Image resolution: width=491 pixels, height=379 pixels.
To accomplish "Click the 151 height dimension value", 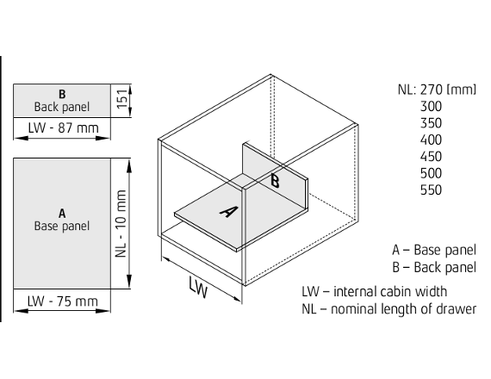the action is coord(122,98).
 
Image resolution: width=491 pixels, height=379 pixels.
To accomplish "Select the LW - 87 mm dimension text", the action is coord(63,127).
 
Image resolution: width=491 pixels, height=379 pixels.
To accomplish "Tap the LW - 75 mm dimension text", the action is coord(63,301).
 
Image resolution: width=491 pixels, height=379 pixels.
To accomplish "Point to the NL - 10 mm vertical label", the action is coord(121,223).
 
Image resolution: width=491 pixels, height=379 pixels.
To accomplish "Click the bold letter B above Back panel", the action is coord(62,94).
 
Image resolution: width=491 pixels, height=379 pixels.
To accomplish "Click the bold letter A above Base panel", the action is coord(62,214).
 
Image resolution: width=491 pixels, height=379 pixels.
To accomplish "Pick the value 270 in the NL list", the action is coord(431,90).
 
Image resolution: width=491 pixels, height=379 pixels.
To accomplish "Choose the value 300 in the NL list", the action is coord(431,107).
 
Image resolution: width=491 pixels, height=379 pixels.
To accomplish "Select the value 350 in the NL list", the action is coord(431,123).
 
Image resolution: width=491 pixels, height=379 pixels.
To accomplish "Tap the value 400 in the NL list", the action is coord(431,140).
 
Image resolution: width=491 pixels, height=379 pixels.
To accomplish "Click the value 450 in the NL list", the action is coord(431,157).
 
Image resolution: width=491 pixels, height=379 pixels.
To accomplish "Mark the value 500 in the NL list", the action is coord(431,173).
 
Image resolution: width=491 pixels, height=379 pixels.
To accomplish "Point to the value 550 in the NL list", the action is coord(431,189).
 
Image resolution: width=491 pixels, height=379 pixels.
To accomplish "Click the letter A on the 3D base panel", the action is coord(229,211).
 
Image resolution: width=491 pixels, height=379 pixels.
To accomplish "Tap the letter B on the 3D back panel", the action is coord(275,181).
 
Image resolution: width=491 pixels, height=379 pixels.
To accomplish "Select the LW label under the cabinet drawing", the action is coord(198,287).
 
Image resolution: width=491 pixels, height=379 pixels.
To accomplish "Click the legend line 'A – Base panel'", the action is coord(434,250).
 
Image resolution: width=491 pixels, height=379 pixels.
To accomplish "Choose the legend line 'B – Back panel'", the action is coord(434,267).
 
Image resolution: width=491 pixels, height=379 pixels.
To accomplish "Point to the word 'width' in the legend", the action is coord(431,292).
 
